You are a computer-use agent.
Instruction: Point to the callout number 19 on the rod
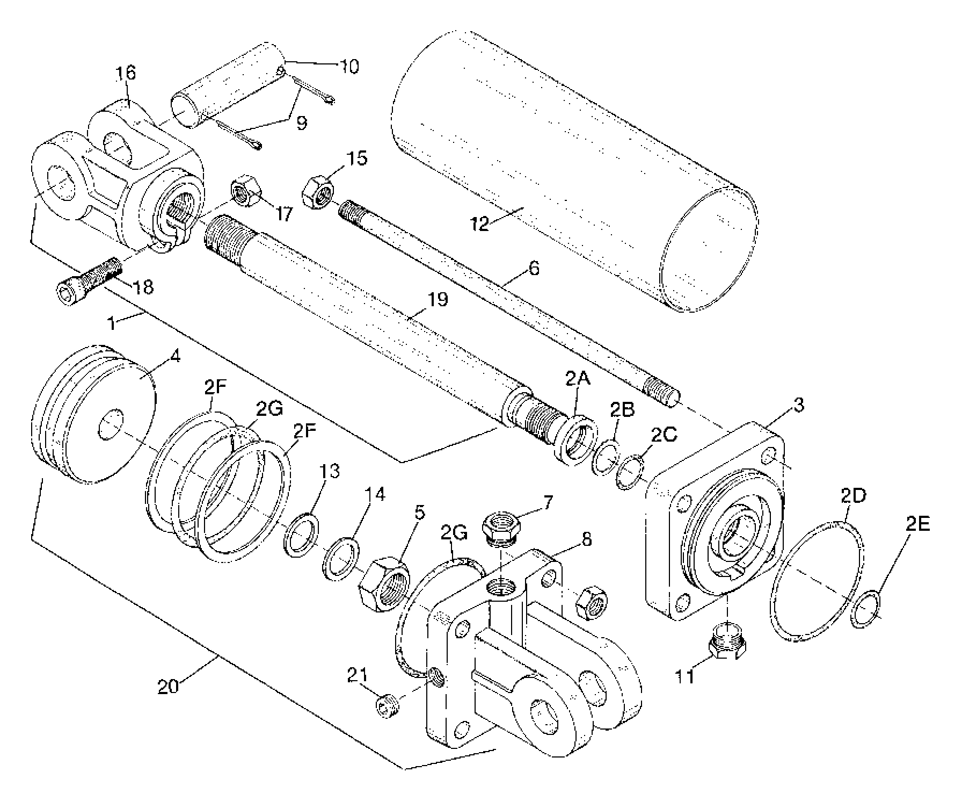click(438, 299)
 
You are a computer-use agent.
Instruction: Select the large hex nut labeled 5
click(384, 583)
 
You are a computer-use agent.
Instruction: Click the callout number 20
click(168, 686)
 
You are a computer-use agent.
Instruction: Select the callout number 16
click(126, 73)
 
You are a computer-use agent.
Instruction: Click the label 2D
click(853, 496)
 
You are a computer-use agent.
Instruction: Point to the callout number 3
click(799, 405)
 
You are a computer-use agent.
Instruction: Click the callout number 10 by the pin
click(348, 67)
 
